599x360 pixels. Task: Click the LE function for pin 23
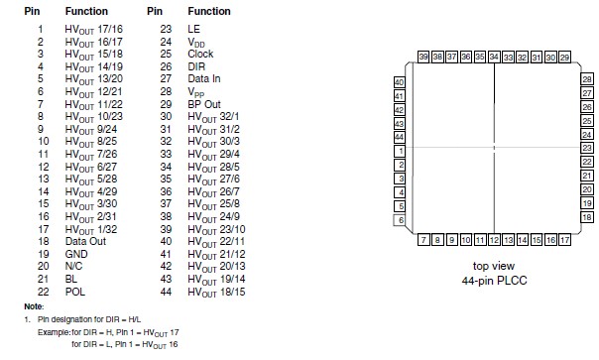192,31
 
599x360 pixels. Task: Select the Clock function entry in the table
199,53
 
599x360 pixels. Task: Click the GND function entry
76,253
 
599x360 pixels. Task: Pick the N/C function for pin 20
74,266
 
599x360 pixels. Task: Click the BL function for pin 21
71,277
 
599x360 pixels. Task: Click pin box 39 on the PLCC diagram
423,59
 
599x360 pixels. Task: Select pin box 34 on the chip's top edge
494,59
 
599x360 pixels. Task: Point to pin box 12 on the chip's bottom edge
494,240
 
